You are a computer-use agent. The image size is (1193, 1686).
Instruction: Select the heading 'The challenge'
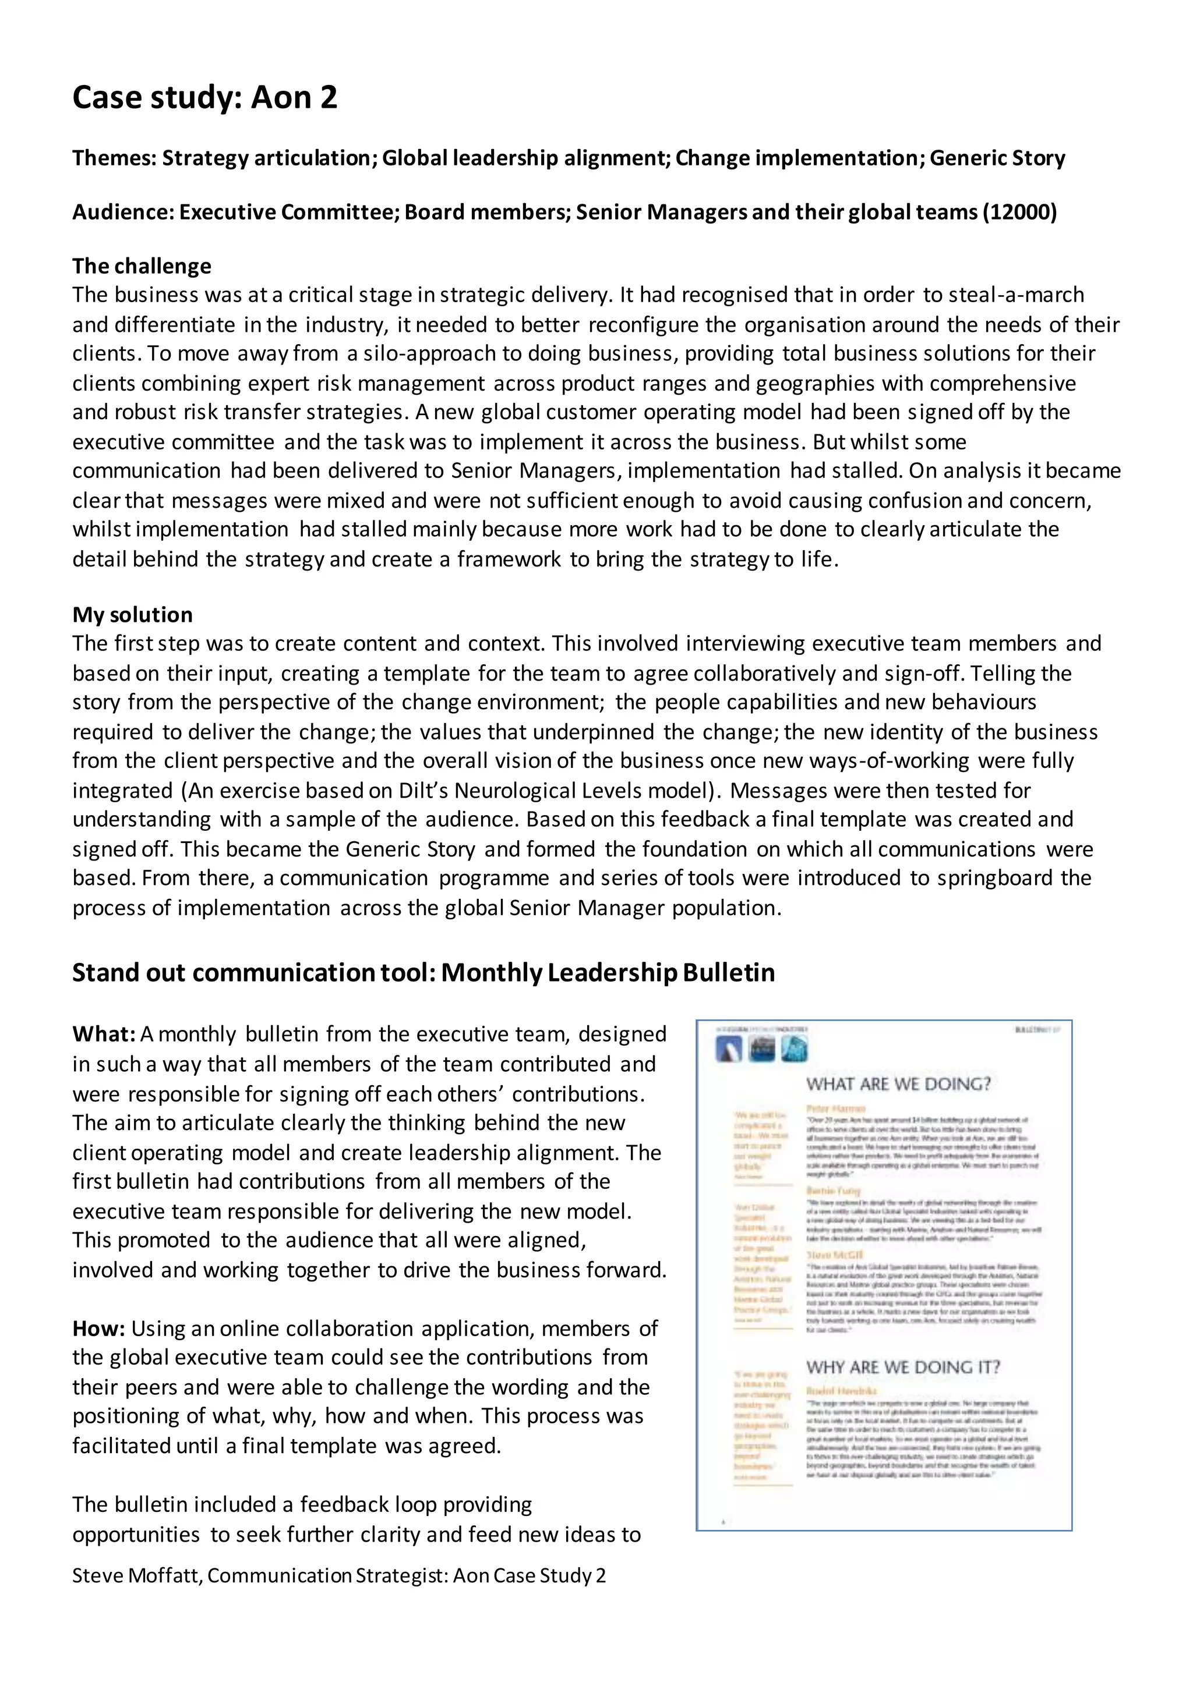[142, 266]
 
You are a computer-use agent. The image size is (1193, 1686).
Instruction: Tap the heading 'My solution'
[132, 615]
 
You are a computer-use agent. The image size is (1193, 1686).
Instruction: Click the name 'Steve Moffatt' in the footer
[135, 1575]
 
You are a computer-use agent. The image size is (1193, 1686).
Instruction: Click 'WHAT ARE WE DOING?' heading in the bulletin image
[898, 1084]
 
